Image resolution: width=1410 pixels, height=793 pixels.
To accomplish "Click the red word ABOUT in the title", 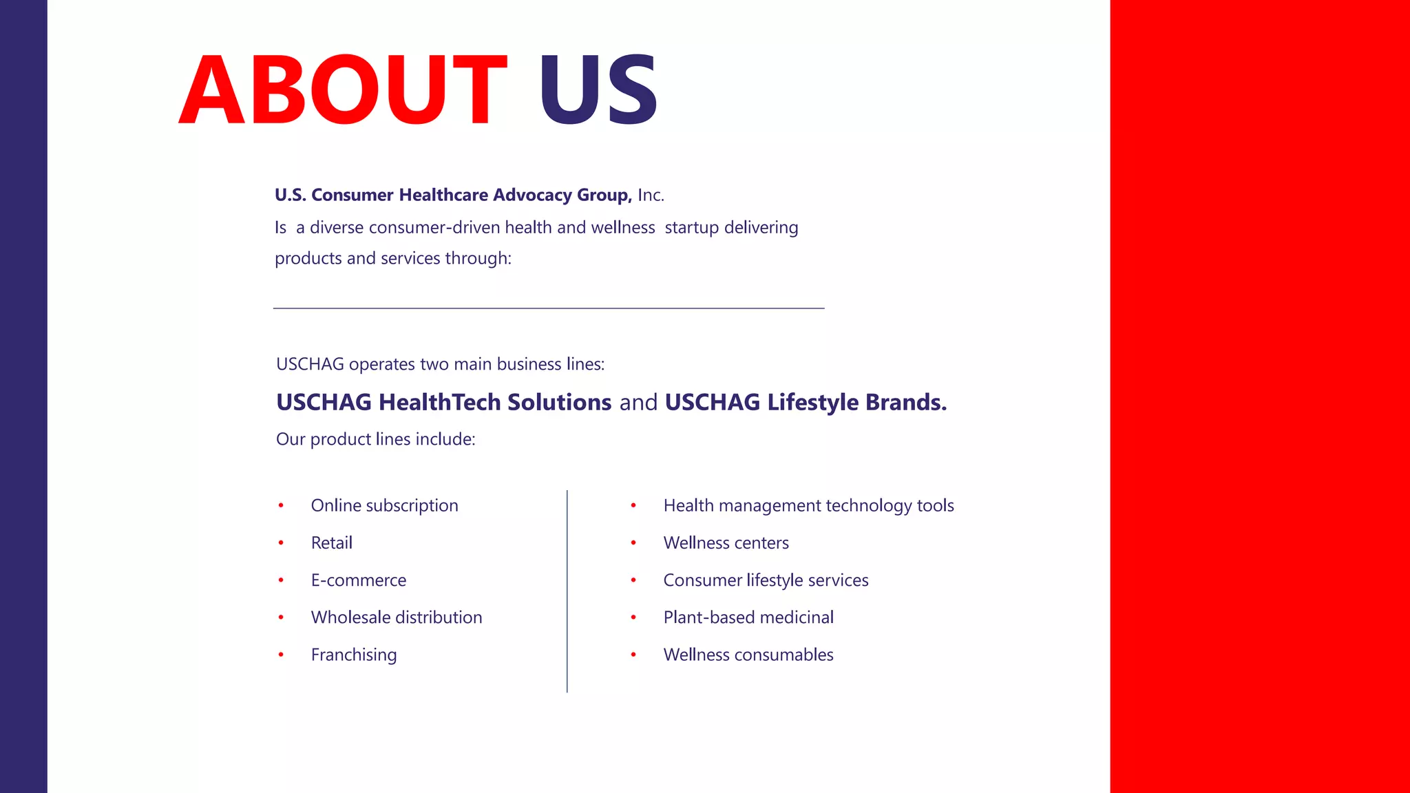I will [343, 91].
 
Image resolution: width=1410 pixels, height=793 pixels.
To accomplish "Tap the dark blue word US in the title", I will [598, 91].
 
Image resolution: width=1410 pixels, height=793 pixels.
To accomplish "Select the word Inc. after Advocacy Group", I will [651, 195].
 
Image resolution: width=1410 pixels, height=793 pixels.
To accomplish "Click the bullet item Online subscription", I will [384, 506].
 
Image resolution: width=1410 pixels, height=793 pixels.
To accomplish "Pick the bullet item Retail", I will [331, 543].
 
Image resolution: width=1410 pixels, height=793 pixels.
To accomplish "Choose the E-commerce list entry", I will [358, 580].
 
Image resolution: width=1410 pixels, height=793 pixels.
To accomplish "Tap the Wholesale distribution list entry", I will [396, 617].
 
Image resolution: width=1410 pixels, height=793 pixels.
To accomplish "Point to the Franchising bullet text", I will [353, 655].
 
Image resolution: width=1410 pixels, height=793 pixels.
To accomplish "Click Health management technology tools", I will [808, 506].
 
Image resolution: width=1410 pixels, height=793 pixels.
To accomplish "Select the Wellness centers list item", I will [726, 543].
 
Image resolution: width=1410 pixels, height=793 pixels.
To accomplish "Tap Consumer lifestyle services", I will [766, 580].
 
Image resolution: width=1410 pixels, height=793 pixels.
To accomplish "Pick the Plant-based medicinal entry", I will [748, 617].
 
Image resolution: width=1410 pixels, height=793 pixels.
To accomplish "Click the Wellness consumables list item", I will [748, 655].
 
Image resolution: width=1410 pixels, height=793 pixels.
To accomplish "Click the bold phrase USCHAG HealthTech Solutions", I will [443, 402].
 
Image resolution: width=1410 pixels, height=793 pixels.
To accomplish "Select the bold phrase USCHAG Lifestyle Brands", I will [806, 402].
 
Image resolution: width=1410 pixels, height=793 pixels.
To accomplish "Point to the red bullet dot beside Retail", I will [281, 543].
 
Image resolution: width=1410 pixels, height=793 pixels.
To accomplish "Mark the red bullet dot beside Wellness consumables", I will [633, 655].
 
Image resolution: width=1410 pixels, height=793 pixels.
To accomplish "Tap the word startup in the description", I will [692, 228].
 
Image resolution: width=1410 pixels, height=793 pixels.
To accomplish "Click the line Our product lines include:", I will [375, 439].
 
